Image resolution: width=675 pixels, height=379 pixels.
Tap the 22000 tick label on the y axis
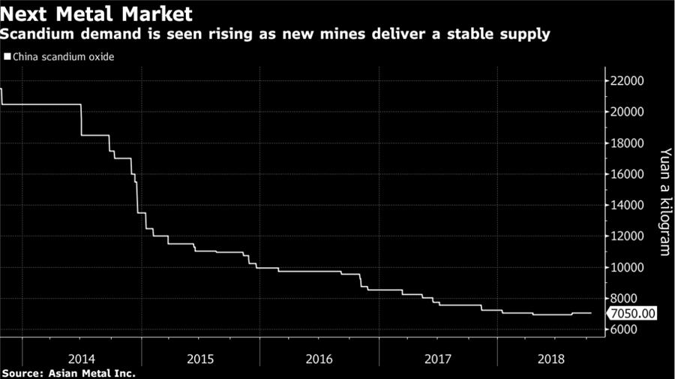click(x=629, y=81)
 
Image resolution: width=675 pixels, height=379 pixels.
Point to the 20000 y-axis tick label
click(x=629, y=112)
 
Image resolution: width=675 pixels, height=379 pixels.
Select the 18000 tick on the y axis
click(x=629, y=143)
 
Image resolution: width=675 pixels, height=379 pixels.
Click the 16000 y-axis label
click(x=629, y=174)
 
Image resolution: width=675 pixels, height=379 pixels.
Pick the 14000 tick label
click(x=629, y=205)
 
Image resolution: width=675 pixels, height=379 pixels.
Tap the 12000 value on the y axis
click(x=629, y=236)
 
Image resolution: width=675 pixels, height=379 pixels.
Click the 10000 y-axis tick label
click(x=629, y=267)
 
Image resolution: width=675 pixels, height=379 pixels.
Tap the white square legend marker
click(x=7, y=56)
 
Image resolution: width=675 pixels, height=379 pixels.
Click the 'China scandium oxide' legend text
click(x=64, y=56)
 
